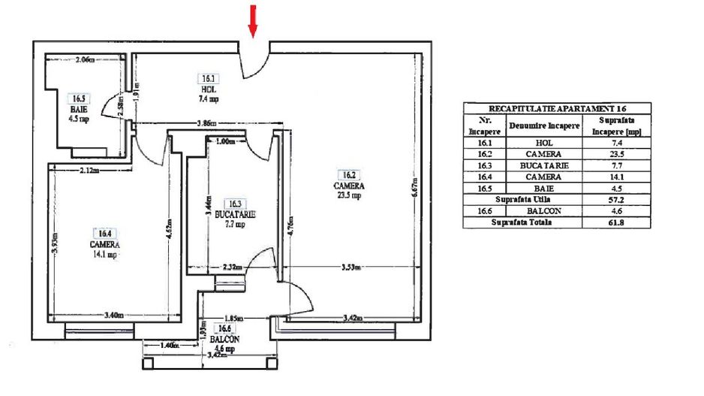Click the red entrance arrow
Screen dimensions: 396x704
pyautogui.click(x=253, y=20)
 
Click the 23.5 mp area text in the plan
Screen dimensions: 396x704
pyautogui.click(x=350, y=195)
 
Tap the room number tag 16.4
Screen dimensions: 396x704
pyautogui.click(x=100, y=234)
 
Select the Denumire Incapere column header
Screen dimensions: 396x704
pyautogui.click(x=544, y=125)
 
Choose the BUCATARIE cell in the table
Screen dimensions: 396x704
pyautogui.click(x=544, y=165)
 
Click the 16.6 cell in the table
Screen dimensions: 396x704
pyautogui.click(x=484, y=211)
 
